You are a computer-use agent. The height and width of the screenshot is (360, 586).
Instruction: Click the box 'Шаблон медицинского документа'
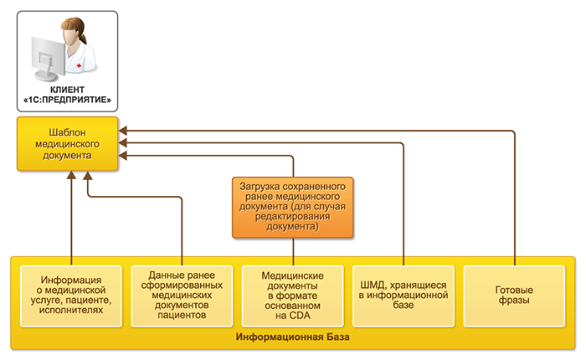click(65, 144)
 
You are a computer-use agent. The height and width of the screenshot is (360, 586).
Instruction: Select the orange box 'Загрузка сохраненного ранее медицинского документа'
click(293, 205)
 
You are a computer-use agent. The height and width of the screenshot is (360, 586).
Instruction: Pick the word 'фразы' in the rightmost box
click(515, 301)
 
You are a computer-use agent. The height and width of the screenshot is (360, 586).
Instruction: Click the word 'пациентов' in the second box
click(182, 317)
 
